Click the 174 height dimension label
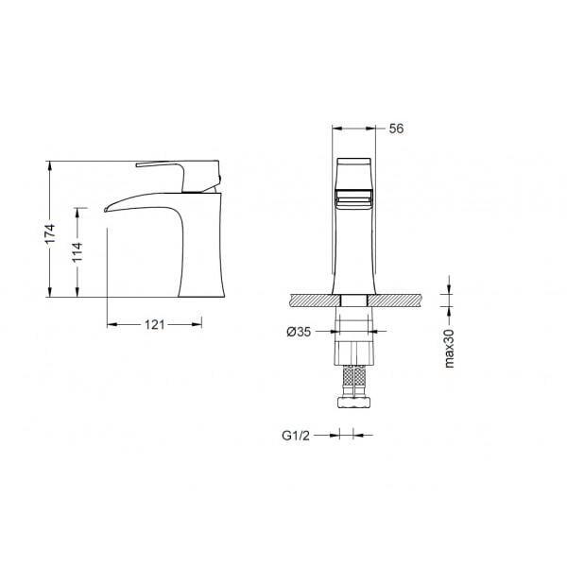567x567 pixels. [x=50, y=233]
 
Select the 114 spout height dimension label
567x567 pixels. [x=77, y=252]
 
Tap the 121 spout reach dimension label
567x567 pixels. [x=154, y=325]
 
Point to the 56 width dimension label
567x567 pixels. [x=396, y=129]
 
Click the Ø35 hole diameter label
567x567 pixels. [x=299, y=332]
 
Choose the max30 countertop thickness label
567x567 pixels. [x=449, y=348]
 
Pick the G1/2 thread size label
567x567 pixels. [x=296, y=436]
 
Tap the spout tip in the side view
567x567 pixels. [x=106, y=210]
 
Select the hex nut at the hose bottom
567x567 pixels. [x=354, y=403]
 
